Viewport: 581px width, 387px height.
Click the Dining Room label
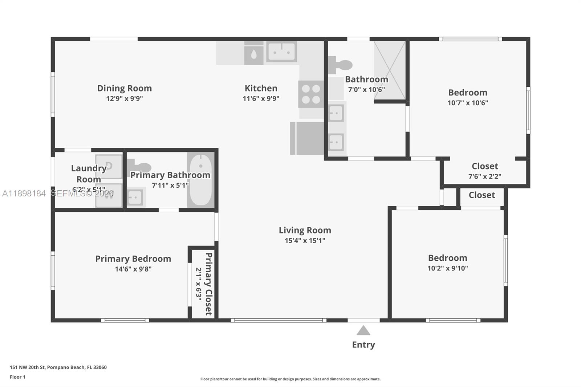point(124,88)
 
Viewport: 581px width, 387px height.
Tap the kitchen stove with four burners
point(311,94)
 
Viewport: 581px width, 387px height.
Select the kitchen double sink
point(281,52)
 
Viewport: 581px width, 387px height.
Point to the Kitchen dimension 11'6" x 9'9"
point(261,98)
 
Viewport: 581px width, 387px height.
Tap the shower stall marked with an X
point(389,70)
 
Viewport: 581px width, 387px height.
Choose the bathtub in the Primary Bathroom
point(200,180)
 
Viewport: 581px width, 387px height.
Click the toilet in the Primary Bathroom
point(140,167)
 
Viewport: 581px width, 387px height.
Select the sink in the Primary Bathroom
point(135,197)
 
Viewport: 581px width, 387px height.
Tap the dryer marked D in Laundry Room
point(109,166)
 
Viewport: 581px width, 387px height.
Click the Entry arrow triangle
point(363,330)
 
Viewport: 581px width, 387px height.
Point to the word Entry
point(363,345)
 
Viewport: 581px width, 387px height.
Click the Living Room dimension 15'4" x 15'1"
point(305,240)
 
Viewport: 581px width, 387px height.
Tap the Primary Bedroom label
point(133,259)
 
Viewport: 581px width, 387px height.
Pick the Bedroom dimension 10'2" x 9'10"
point(447,268)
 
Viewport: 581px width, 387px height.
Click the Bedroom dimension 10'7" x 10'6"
point(467,103)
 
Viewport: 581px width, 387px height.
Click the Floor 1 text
point(17,377)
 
